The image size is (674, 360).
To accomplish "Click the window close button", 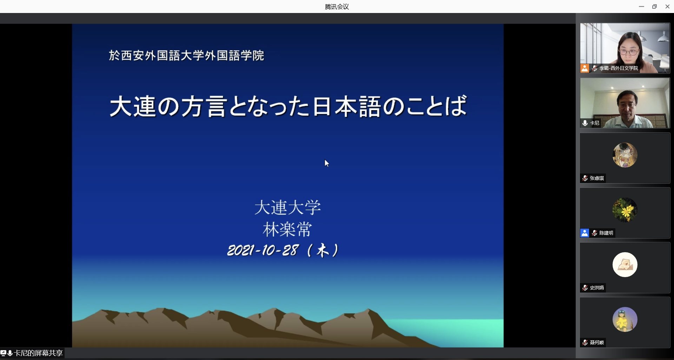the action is tap(667, 6).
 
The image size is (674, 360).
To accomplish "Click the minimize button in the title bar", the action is tap(641, 6).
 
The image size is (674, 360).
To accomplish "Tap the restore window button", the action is tap(654, 6).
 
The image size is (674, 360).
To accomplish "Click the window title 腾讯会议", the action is tap(337, 7).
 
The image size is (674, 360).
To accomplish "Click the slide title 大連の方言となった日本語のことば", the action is tap(289, 106).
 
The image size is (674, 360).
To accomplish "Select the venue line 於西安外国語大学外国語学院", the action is tap(186, 55).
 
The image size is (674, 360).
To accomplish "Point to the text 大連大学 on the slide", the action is tap(288, 207).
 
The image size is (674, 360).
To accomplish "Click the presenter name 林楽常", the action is tap(288, 230).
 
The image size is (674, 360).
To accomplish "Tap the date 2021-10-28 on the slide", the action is tap(263, 250).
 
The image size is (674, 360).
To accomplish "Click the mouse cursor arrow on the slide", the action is tap(326, 163).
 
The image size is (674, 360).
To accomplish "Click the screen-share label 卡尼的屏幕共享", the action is tap(38, 353).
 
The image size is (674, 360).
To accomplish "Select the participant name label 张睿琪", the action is tap(597, 178).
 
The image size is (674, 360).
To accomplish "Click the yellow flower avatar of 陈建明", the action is tap(625, 210).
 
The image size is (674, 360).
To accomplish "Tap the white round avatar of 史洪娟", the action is tap(625, 264).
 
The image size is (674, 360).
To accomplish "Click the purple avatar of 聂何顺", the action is tap(625, 319).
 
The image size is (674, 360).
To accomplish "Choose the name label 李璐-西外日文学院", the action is tap(619, 68).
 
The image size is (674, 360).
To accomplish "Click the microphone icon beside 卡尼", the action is tap(585, 123).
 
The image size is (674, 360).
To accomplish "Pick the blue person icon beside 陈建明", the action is tap(584, 233).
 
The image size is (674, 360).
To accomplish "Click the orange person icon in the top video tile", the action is tap(584, 68).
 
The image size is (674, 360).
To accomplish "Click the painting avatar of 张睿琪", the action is tap(625, 155).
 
